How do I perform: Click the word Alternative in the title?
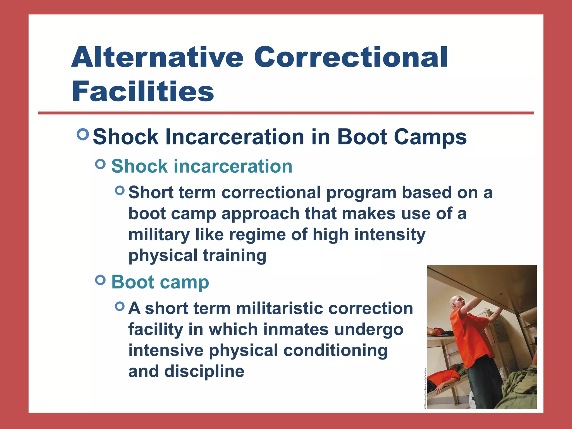(x=157, y=57)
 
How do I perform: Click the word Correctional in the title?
(x=351, y=57)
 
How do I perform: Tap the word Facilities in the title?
(x=143, y=92)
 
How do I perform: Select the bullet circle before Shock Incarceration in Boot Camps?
(x=83, y=134)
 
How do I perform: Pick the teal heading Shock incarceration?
(x=202, y=166)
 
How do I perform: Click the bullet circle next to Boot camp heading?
(x=100, y=280)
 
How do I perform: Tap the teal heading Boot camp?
(x=160, y=282)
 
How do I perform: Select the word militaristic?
(x=279, y=309)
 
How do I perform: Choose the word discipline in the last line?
(x=204, y=371)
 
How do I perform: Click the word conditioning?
(x=335, y=351)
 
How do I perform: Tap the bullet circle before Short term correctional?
(x=120, y=191)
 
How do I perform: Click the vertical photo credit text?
(x=425, y=389)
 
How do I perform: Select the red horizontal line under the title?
(x=286, y=113)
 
